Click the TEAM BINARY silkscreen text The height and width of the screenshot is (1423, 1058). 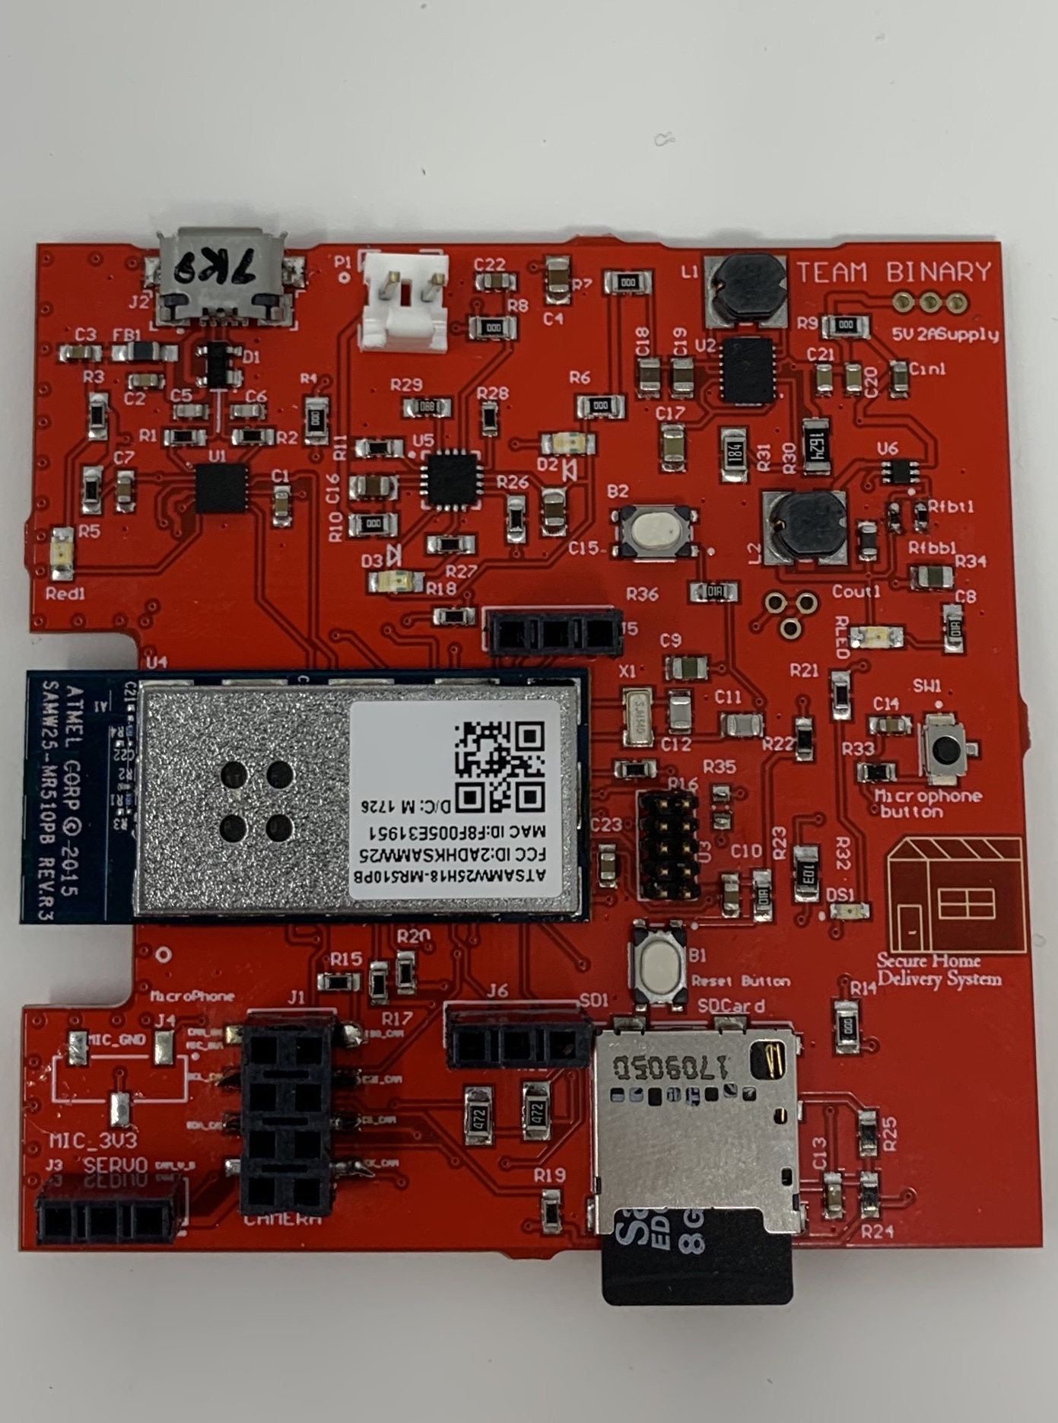894,272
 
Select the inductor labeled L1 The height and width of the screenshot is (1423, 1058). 745,288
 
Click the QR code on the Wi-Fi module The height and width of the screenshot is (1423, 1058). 500,766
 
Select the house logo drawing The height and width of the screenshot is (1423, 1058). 955,893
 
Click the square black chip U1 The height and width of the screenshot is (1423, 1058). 221,488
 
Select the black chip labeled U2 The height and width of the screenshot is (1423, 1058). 747,371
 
